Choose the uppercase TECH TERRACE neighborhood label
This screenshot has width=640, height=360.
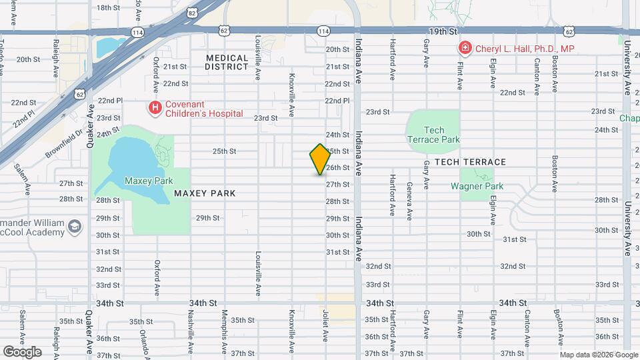pos(470,162)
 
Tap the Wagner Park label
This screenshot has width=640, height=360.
pos(477,187)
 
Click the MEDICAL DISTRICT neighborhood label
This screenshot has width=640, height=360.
pos(227,63)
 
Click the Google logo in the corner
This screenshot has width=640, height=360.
pos(22,351)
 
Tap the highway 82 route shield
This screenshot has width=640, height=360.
pos(192,13)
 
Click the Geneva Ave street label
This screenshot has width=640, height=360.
pos(409,194)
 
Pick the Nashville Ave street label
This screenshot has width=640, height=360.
pos(190,331)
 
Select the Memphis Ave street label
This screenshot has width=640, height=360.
pos(225,331)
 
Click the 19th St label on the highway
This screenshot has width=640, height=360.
pos(443,31)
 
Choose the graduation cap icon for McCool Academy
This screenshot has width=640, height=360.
pos(75,227)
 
